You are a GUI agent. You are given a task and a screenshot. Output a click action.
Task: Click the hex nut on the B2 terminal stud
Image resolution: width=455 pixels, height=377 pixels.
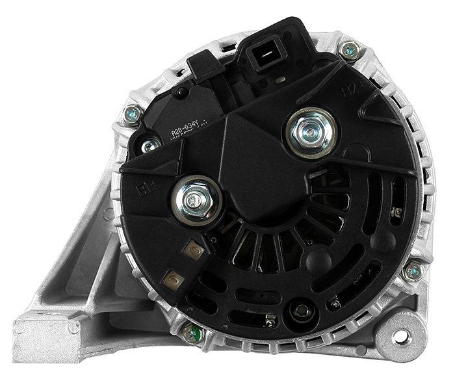coord(311,133)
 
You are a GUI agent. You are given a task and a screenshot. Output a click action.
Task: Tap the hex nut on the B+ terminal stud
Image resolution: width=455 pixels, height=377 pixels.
coord(196,200)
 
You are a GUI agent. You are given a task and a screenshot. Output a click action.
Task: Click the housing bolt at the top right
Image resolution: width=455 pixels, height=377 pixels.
coord(349,49)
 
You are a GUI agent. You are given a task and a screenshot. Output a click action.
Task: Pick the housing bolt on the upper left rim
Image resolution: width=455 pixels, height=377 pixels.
coord(134,115)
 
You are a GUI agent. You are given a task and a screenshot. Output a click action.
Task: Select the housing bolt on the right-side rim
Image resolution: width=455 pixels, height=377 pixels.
coord(411,270)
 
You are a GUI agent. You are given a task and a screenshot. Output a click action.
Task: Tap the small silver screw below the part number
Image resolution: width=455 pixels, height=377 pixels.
coord(151,146)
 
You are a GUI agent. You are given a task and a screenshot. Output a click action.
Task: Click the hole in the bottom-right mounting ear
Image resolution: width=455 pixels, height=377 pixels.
coord(401,336)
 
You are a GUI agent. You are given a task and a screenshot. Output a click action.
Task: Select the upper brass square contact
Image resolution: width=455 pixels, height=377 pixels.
coord(194,250)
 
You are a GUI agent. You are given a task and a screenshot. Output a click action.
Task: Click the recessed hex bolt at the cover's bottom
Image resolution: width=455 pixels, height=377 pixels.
coord(300,312)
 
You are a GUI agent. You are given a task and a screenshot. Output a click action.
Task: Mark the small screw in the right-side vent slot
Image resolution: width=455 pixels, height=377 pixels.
coord(397,212)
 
